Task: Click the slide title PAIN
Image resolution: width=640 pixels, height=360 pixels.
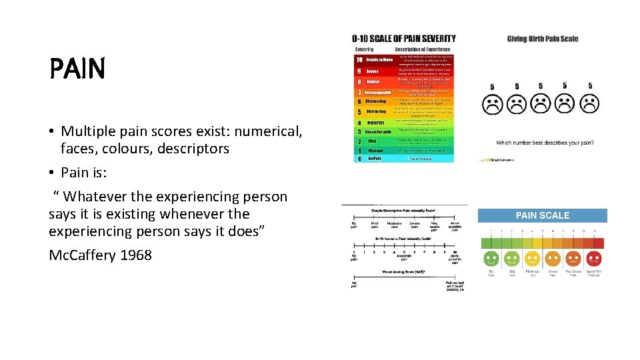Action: pyautogui.click(x=77, y=69)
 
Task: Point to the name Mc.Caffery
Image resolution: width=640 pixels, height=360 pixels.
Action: pyautogui.click(x=81, y=255)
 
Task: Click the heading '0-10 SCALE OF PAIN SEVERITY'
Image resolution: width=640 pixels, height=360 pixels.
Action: pyautogui.click(x=404, y=39)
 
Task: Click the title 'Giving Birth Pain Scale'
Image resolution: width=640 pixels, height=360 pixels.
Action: pyautogui.click(x=543, y=39)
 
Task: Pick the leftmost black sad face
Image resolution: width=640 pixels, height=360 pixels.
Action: pyautogui.click(x=492, y=105)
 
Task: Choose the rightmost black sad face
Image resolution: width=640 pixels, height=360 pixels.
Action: pyautogui.click(x=589, y=104)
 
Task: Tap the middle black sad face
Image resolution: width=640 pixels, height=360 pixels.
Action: pyautogui.click(x=541, y=104)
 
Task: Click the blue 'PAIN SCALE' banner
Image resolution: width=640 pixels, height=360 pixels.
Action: pyautogui.click(x=542, y=215)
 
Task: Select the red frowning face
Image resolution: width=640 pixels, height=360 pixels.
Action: pyautogui.click(x=593, y=259)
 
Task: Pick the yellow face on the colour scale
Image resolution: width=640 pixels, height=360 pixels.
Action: pyautogui.click(x=532, y=259)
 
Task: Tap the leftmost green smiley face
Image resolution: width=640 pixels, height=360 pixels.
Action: pyautogui.click(x=491, y=259)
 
